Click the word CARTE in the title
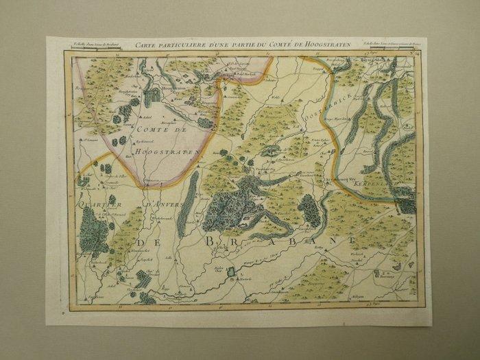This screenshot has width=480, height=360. (147, 45)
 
